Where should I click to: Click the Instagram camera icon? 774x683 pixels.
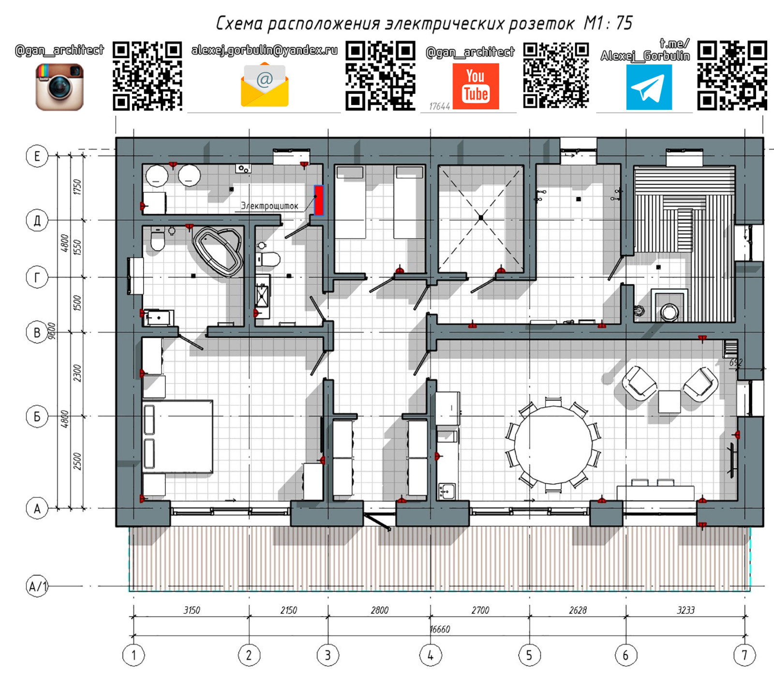[x=60, y=87]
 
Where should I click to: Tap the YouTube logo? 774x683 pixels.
[x=476, y=87]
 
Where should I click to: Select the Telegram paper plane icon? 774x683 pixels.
[x=649, y=88]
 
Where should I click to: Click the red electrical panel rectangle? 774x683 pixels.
[x=318, y=200]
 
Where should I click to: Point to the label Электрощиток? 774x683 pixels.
[x=269, y=206]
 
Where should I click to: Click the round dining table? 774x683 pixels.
[x=553, y=445]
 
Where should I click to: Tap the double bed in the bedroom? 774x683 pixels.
[x=178, y=436]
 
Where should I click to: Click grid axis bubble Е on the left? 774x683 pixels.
[x=37, y=156]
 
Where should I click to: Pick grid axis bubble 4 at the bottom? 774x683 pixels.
[x=431, y=655]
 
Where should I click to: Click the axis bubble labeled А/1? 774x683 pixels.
[x=37, y=586]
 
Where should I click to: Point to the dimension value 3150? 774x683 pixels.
[x=192, y=610]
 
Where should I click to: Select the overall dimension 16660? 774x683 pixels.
[x=440, y=629]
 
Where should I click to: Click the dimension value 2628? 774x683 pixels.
[x=578, y=610]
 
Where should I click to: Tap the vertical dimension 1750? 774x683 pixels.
[x=77, y=187]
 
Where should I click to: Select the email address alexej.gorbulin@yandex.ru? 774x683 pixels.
[x=265, y=50]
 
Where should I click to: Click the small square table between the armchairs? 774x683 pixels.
[x=670, y=401]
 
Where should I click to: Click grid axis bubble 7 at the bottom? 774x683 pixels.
[x=744, y=655]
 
